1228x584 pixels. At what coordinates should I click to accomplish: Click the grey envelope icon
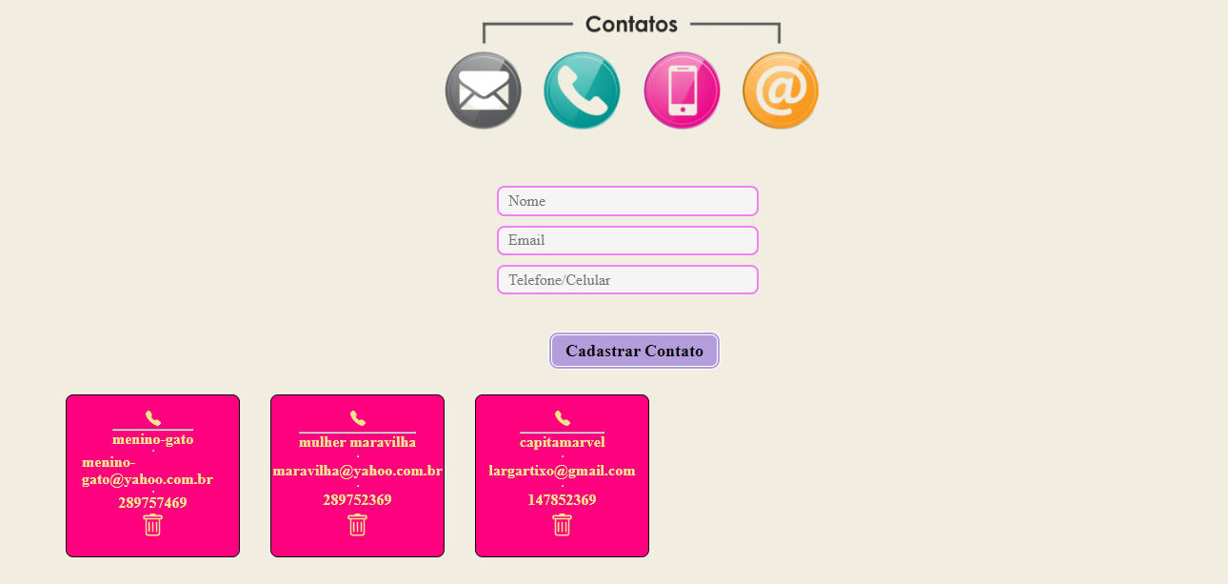[x=484, y=91]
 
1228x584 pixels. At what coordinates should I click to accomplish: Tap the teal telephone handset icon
[x=582, y=91]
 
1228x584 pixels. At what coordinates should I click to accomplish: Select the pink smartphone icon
[x=682, y=91]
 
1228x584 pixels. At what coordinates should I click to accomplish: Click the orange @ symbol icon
[x=781, y=91]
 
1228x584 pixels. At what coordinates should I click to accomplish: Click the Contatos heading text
[x=631, y=25]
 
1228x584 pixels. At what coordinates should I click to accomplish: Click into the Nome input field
[x=627, y=201]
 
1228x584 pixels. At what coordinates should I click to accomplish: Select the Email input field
[x=627, y=240]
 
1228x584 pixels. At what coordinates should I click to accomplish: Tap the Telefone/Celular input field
[x=627, y=280]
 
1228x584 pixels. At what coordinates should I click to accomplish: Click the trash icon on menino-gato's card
[x=152, y=525]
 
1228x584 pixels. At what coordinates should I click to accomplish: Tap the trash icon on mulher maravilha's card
[x=357, y=525]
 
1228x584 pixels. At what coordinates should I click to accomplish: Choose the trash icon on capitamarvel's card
[x=562, y=525]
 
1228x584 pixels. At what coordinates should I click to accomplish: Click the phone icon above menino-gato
[x=152, y=418]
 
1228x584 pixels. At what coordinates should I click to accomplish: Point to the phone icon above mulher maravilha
[x=357, y=418]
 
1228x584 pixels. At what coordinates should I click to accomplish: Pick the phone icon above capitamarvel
[x=562, y=418]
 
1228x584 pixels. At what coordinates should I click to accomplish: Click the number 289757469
[x=152, y=503]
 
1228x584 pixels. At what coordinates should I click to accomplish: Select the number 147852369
[x=562, y=500]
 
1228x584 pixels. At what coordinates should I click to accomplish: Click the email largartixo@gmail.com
[x=562, y=471]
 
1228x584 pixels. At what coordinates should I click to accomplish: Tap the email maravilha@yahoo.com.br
[x=357, y=471]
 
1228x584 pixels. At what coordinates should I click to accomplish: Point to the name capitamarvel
[x=562, y=442]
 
